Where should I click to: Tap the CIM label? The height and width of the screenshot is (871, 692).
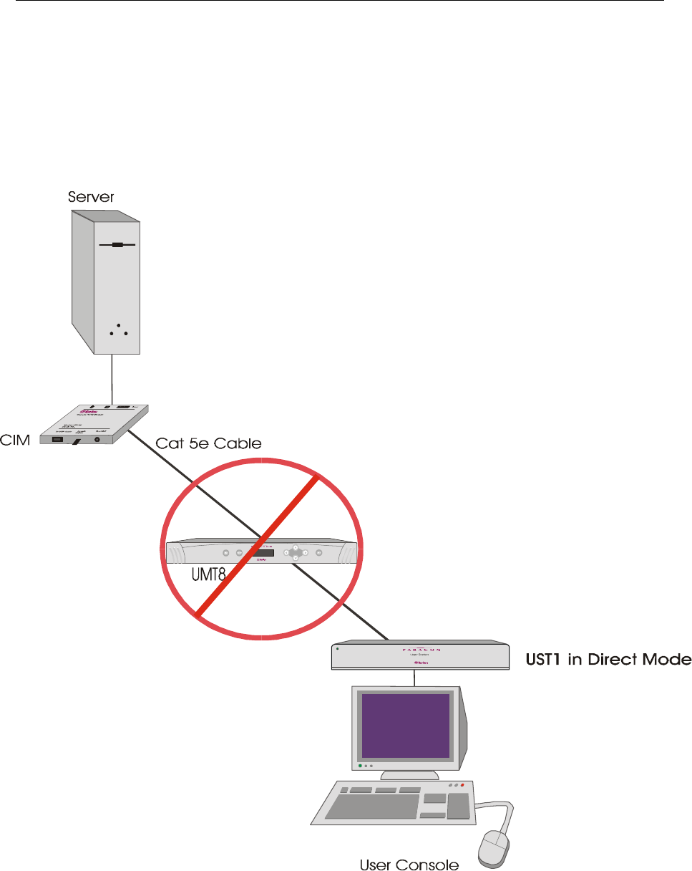pos(15,440)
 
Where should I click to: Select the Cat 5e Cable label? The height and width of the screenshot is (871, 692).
pos(208,444)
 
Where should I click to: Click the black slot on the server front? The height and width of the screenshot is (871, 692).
pos(117,244)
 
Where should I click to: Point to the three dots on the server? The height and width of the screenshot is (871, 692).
pos(117,330)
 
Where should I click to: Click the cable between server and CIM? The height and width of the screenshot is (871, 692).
pos(112,379)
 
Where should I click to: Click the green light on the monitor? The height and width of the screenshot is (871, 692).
pos(359,766)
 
